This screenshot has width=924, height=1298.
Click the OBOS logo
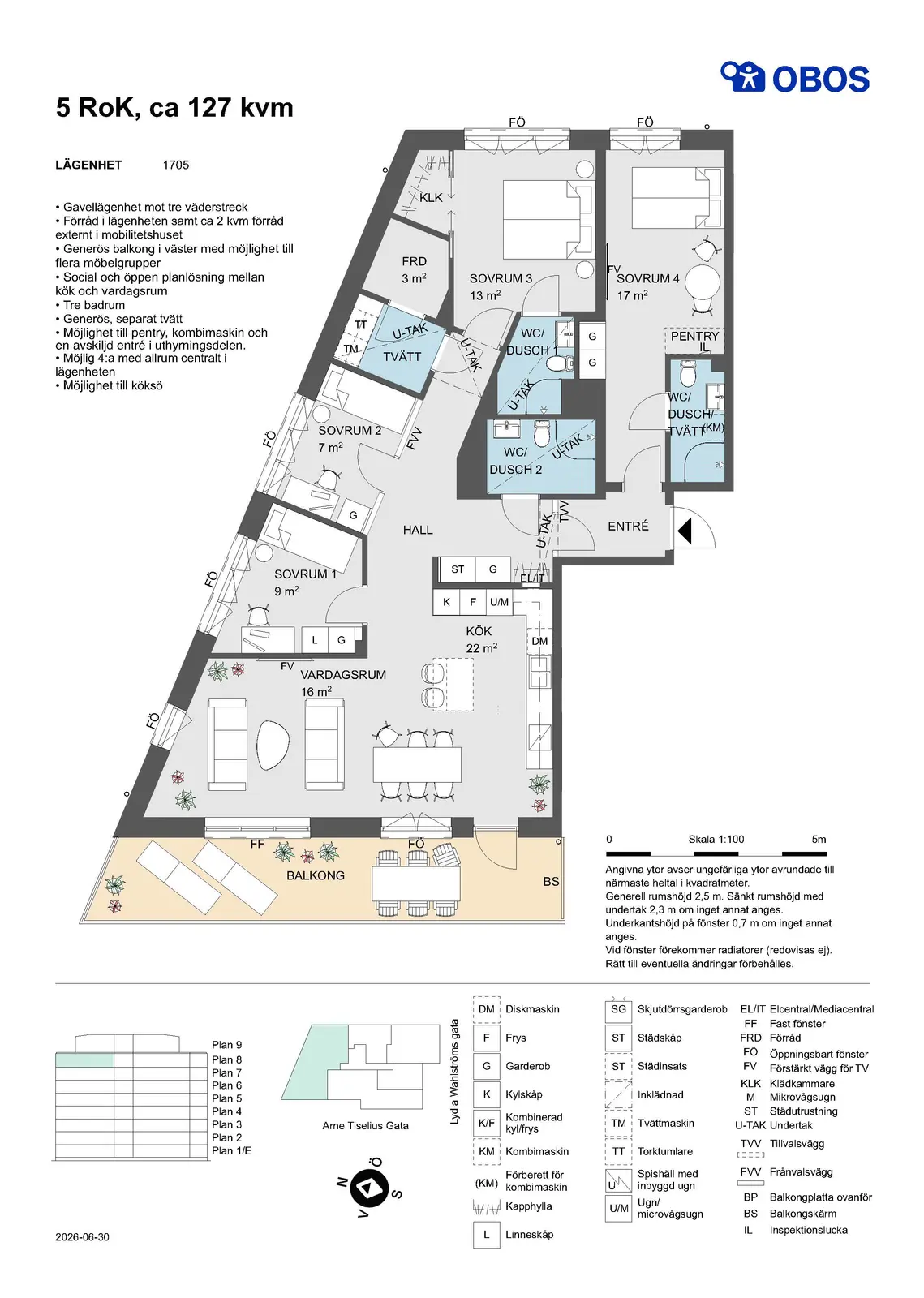[x=794, y=77]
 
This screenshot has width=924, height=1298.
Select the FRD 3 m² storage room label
[x=414, y=270]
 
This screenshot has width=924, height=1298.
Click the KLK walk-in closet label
[x=431, y=198]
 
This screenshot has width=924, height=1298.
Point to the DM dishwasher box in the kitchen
[x=539, y=641]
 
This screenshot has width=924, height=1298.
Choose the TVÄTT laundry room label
[x=402, y=356]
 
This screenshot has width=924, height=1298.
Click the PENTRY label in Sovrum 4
[x=694, y=336]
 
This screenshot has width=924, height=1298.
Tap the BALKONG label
[x=316, y=875]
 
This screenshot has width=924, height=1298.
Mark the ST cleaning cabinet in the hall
[x=458, y=569]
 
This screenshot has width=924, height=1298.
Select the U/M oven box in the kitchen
[x=499, y=602]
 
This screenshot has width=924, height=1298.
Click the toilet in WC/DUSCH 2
[x=542, y=433]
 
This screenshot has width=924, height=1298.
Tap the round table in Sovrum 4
[x=703, y=282]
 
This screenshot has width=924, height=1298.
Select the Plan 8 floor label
[x=226, y=1059]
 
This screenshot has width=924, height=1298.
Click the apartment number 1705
[x=176, y=165]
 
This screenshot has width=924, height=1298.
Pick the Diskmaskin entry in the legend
[x=532, y=1009]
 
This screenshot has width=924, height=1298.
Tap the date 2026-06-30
[x=82, y=1236]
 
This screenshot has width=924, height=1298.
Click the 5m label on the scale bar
[x=819, y=839]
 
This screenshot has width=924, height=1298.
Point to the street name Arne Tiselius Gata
[x=366, y=1125]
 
